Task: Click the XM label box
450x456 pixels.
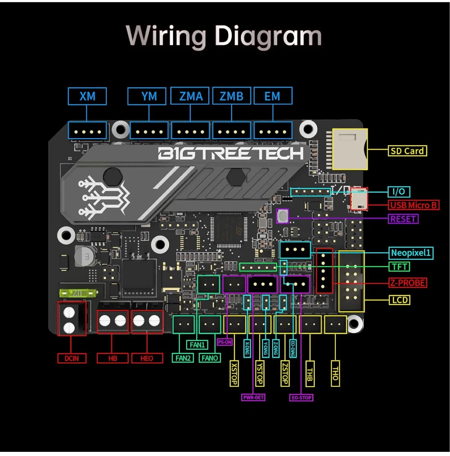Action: (87, 96)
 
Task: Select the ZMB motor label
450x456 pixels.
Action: (231, 96)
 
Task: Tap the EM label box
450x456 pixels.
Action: (273, 96)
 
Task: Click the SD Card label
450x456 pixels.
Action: (407, 151)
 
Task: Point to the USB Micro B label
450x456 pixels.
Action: (413, 205)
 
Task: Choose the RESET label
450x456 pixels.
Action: (403, 219)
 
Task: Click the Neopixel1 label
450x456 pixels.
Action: (411, 253)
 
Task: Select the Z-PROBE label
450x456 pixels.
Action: (408, 282)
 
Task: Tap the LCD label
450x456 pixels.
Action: (399, 300)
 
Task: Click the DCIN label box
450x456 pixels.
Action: (72, 358)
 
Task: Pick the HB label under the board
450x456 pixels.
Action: (112, 358)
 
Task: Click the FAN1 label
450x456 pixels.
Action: (197, 345)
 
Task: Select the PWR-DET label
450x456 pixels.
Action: (253, 397)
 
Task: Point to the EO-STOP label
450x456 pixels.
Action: (301, 398)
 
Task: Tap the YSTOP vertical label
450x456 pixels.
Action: (259, 374)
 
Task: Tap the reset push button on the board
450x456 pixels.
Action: (282, 216)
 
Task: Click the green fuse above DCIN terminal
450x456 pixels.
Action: (77, 293)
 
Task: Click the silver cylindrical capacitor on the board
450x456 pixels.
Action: (85, 256)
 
